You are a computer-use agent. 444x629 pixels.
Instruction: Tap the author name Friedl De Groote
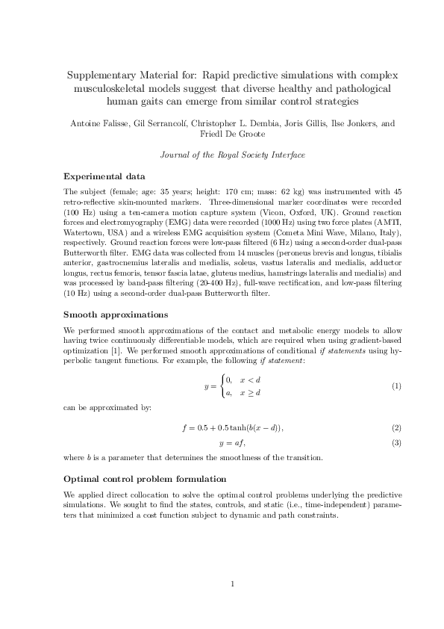coord(222,134)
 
